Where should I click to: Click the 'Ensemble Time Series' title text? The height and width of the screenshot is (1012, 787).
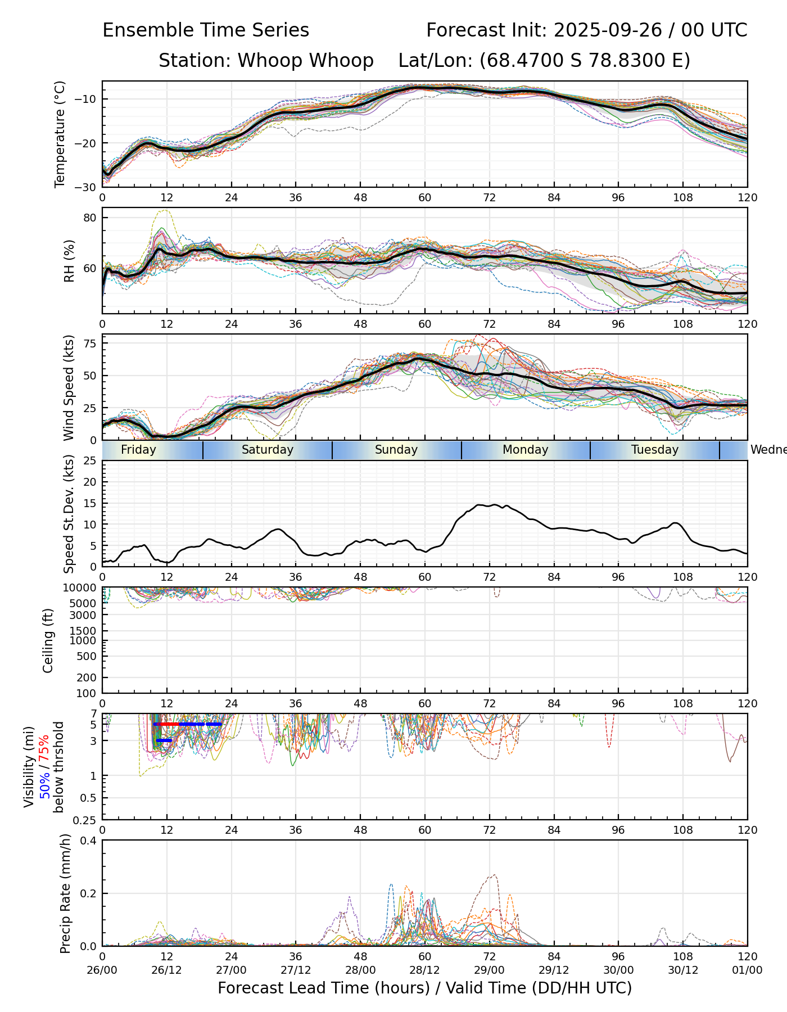coord(206,30)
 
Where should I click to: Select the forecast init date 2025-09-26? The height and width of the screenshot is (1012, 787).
coord(608,30)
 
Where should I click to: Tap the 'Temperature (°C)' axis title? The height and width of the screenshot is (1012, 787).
coord(60,134)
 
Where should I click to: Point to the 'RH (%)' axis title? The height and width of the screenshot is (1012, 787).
coord(69,261)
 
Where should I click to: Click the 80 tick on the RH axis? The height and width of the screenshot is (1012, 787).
coord(90,218)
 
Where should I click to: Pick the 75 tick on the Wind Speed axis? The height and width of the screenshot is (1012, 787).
coord(90,344)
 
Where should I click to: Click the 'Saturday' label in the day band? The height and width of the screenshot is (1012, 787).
coord(267,450)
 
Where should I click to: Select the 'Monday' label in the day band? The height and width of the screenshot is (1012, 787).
coord(525,450)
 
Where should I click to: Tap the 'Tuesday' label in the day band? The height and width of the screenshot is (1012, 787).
coord(654,450)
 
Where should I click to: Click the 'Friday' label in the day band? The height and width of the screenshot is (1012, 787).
coord(138,450)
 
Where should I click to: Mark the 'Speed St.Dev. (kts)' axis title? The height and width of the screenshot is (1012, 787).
coord(69,513)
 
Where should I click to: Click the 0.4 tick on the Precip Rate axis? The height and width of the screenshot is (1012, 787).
coord(90,841)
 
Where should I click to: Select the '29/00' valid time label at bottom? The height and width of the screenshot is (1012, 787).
coord(489,970)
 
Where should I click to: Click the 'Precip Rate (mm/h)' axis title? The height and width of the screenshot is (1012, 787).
coord(66,893)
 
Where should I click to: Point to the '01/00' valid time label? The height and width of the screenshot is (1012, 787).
coord(747,970)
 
